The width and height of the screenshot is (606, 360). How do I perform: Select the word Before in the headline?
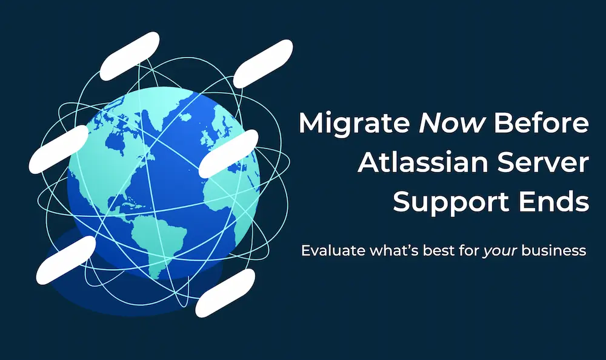pos(541,124)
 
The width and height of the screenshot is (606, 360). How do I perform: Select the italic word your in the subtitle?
pos(500,252)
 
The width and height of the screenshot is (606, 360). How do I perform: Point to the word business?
pos(554,250)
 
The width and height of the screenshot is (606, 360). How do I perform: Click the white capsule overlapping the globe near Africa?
pos(228,153)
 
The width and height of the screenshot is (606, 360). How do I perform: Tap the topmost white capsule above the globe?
pos(130,56)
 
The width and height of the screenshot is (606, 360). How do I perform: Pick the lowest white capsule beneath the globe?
pos(225,293)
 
